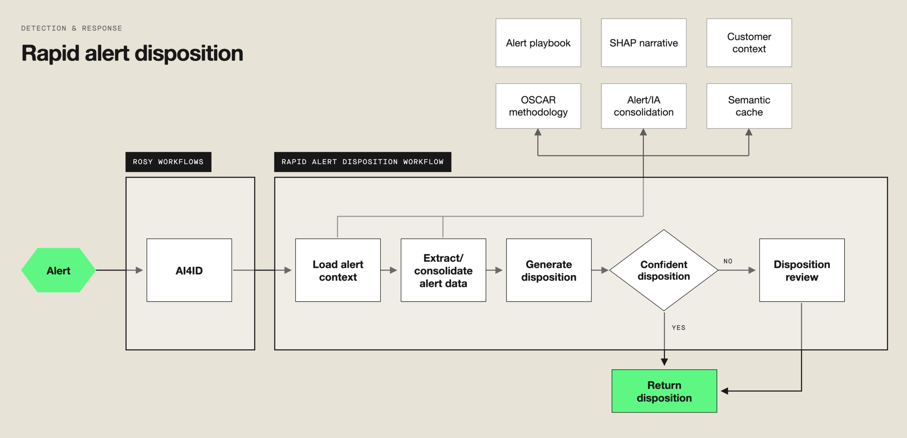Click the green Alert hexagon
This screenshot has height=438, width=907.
point(58,270)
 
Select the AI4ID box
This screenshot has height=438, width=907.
point(189,270)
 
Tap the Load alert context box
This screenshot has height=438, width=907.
point(338,270)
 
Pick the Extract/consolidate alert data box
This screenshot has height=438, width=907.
point(443,270)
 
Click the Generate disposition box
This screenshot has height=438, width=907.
point(549,270)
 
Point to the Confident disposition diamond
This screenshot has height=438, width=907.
point(664,270)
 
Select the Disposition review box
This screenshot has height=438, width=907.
point(802,270)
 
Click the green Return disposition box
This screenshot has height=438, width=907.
point(664,391)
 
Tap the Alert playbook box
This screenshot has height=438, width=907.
point(538,43)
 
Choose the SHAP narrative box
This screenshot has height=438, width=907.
point(644,43)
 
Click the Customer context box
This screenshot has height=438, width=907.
point(749,43)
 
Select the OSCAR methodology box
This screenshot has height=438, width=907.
point(538,106)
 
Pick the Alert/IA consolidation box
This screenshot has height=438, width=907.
point(644,106)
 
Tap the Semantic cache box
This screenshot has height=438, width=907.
point(749,106)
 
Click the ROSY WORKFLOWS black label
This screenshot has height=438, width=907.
point(168,162)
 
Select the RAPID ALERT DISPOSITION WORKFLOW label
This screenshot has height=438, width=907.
point(363,162)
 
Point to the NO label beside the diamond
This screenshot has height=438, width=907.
point(728,261)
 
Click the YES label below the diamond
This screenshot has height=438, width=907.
point(678,328)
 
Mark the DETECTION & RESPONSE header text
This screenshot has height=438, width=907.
point(72,28)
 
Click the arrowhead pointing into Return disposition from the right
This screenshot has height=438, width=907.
point(725,391)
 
